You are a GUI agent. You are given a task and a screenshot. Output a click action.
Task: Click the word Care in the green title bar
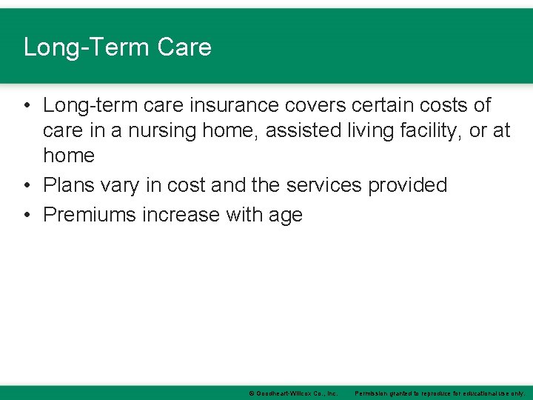(184, 47)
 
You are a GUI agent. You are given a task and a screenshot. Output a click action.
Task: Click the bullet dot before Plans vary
(27, 185)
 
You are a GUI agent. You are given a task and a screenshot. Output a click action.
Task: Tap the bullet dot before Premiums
(27, 215)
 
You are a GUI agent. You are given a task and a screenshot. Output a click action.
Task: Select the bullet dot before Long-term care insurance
(27, 105)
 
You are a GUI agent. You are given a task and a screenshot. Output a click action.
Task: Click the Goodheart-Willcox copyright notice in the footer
(293, 393)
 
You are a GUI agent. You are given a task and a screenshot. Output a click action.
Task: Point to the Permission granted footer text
(440, 393)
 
